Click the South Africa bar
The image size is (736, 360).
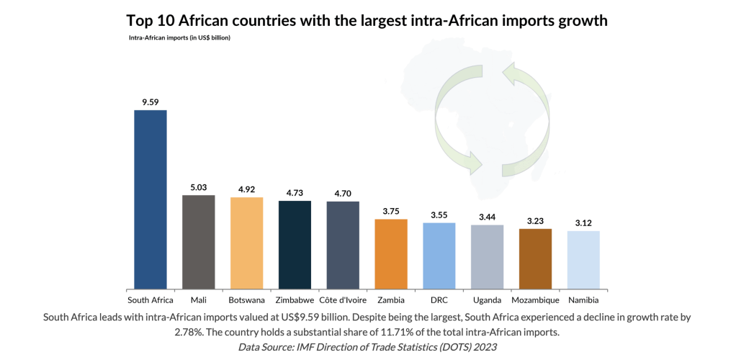(x=151, y=199)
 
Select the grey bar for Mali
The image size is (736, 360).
(x=199, y=242)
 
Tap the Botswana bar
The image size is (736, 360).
(x=246, y=243)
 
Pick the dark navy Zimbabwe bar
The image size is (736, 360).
(x=295, y=245)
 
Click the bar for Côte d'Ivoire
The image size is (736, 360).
(x=343, y=245)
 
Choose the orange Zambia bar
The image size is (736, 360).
(x=391, y=253)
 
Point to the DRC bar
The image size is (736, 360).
(x=439, y=256)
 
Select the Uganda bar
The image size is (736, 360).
(x=488, y=256)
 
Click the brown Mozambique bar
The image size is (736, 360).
(x=535, y=258)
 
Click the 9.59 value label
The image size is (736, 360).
(x=151, y=102)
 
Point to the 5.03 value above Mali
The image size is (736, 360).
(x=199, y=187)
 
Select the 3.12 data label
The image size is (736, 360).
(x=583, y=223)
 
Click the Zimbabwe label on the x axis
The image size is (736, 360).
(x=295, y=300)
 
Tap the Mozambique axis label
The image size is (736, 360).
(x=535, y=300)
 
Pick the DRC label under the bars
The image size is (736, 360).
(x=439, y=300)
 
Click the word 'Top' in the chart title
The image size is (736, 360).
(x=142, y=21)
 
